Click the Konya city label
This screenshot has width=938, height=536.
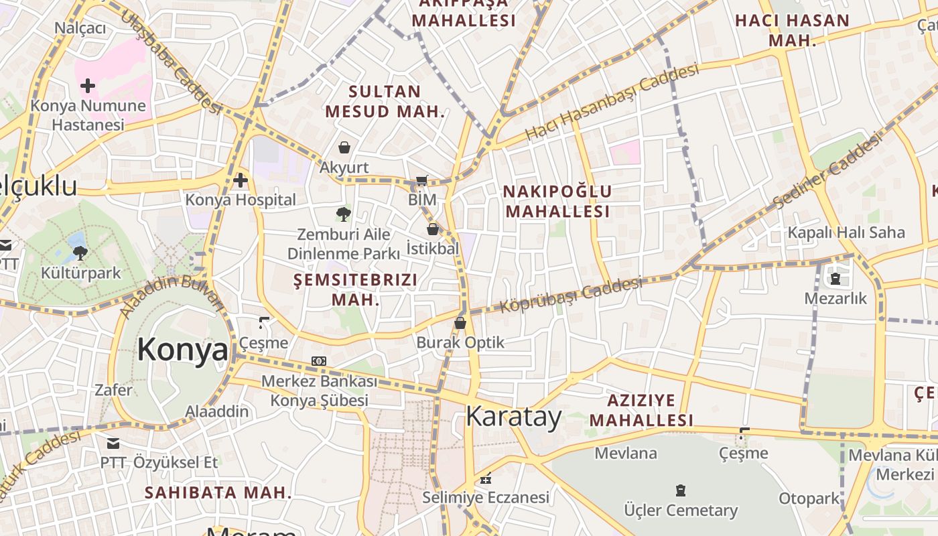[182, 350]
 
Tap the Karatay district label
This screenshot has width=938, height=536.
[514, 417]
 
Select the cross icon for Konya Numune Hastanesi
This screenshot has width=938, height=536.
[88, 86]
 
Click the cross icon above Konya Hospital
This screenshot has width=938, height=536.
[241, 180]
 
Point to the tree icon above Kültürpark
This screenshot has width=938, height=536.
[80, 253]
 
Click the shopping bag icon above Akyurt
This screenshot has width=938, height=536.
[344, 147]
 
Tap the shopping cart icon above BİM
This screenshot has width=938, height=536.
[421, 180]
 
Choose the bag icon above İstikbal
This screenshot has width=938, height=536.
[433, 229]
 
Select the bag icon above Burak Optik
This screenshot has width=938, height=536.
[460, 323]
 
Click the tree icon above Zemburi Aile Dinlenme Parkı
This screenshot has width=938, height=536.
[344, 214]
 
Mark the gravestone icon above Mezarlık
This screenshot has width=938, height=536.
[835, 278]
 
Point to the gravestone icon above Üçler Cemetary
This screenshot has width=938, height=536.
[681, 490]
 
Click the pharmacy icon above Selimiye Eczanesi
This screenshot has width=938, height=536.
[486, 478]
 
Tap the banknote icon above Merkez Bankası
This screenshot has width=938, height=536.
[319, 361]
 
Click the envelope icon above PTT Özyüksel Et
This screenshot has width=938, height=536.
[113, 443]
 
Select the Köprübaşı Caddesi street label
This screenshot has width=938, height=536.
[571, 295]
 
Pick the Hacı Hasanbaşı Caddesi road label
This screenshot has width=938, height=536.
[612, 102]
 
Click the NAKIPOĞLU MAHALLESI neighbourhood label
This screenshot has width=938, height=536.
[557, 202]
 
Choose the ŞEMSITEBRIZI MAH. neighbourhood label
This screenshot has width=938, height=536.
[356, 289]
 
